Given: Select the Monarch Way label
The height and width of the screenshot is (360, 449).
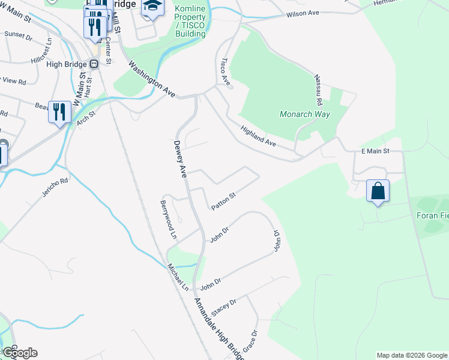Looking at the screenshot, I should click(x=305, y=114).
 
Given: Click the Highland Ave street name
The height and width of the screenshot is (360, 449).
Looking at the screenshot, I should click(x=258, y=136).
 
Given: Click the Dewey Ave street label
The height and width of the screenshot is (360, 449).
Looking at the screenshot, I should click(x=180, y=158).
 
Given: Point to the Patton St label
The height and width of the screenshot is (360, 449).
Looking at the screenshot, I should click(x=223, y=201).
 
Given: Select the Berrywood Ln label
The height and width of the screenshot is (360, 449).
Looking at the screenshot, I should click(x=167, y=220).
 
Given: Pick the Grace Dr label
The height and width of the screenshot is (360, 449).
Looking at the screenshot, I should click(x=254, y=341).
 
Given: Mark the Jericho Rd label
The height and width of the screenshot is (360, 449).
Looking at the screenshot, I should click(x=55, y=188).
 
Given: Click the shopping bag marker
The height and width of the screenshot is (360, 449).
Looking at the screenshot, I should click(x=378, y=191).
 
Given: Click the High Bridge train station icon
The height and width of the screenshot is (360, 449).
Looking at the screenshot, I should click(x=93, y=64).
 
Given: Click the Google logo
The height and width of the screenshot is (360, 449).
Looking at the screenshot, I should click(x=19, y=353).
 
